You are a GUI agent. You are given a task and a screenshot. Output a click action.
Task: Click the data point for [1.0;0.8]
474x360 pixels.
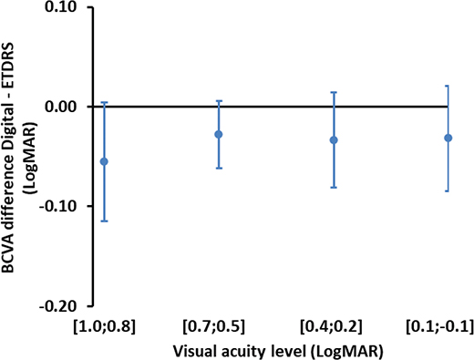pyautogui.click(x=104, y=161)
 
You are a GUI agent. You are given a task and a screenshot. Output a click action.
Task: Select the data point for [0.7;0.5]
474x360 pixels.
pyautogui.click(x=219, y=134)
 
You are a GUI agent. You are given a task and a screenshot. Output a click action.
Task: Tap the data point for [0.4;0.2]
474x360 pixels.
pyautogui.click(x=334, y=139)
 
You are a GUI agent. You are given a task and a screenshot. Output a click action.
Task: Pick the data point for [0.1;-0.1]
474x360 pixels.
pyautogui.click(x=448, y=138)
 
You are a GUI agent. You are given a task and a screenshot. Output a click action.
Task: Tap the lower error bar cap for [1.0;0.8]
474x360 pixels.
pyautogui.click(x=104, y=221)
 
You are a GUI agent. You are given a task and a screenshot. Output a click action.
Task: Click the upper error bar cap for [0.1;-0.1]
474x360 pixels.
pyautogui.click(x=448, y=86)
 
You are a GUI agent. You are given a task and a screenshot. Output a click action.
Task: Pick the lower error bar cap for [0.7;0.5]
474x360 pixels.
pyautogui.click(x=219, y=168)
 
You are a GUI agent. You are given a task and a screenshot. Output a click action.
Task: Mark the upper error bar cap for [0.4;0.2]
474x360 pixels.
pyautogui.click(x=334, y=92)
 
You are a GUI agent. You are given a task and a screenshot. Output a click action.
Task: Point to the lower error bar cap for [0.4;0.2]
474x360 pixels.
pyautogui.click(x=334, y=187)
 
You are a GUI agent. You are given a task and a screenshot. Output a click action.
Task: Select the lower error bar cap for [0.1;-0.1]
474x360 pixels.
pyautogui.click(x=448, y=190)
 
